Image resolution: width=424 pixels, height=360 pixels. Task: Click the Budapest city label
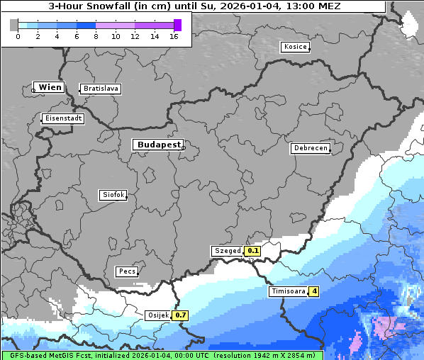click(157, 145)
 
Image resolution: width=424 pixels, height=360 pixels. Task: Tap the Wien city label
click(50, 87)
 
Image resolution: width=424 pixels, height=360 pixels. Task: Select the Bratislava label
click(100, 89)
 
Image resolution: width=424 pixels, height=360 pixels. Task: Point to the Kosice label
click(294, 47)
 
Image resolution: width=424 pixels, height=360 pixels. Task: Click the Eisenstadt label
click(63, 118)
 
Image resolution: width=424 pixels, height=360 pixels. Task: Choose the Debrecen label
click(310, 148)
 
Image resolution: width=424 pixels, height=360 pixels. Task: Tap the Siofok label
click(113, 194)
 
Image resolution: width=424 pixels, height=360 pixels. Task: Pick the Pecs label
click(127, 271)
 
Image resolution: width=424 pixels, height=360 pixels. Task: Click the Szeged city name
click(227, 251)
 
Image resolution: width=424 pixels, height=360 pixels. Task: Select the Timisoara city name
click(288, 291)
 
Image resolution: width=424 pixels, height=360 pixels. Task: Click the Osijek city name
click(158, 315)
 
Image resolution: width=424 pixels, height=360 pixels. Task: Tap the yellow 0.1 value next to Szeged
click(253, 251)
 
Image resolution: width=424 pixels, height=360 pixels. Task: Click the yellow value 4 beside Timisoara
click(314, 291)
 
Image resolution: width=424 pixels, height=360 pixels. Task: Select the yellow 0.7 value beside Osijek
click(181, 315)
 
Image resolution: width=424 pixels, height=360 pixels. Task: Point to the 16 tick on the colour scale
click(174, 36)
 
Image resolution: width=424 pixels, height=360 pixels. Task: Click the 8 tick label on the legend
click(96, 36)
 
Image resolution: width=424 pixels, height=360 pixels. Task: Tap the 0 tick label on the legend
click(18, 36)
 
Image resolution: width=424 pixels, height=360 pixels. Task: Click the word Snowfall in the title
click(117, 6)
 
